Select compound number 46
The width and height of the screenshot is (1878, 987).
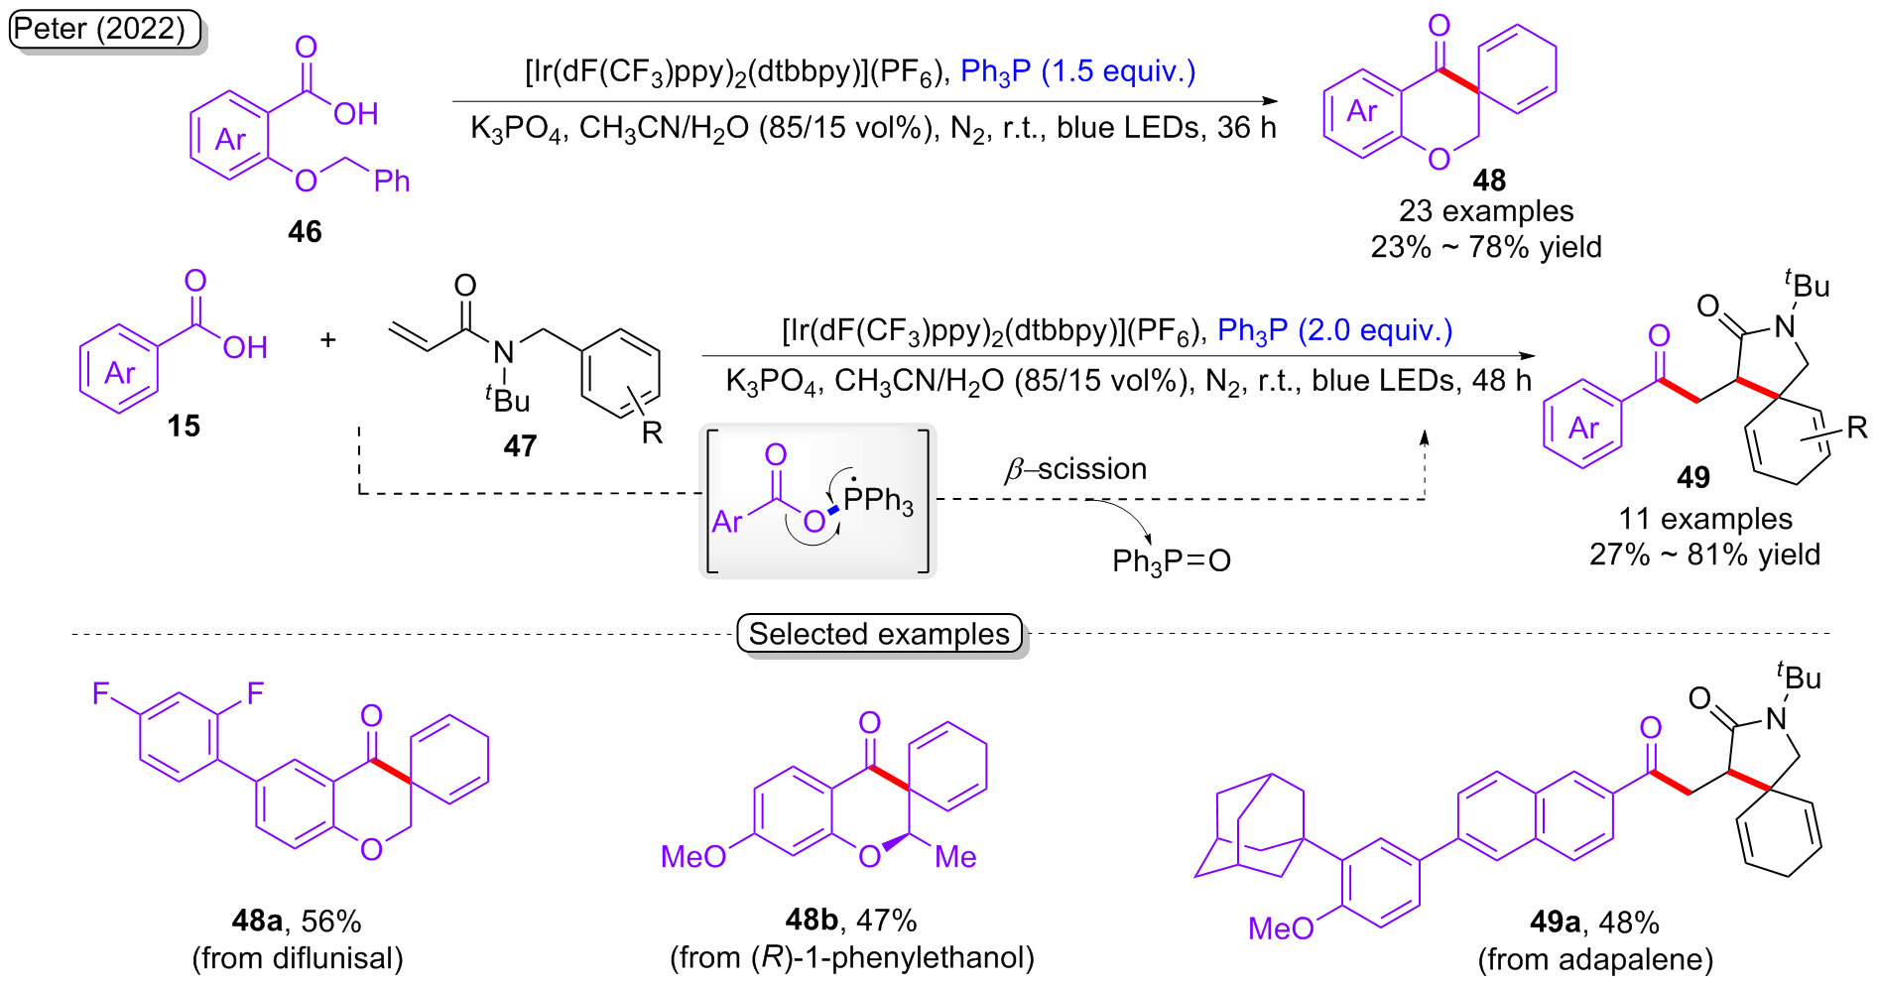(305, 232)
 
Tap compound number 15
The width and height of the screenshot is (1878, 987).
(184, 427)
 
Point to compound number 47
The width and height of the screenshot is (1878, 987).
(520, 446)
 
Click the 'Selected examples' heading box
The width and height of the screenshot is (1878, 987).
(879, 634)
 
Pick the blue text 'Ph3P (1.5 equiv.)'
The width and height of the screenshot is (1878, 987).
(1078, 71)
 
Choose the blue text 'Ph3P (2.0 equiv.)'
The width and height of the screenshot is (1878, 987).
(1334, 330)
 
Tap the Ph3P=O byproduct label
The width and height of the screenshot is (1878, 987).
(1171, 561)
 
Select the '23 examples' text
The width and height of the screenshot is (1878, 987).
(1486, 211)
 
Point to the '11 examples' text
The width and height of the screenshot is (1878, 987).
(1705, 519)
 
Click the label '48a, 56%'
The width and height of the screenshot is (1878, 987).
(296, 922)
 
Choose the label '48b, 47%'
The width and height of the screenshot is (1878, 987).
(850, 921)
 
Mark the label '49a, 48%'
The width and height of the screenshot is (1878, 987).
(1594, 923)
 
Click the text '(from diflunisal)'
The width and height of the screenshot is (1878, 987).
(298, 958)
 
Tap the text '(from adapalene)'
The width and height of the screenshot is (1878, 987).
(1595, 960)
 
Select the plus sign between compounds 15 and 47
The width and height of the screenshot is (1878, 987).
(328, 340)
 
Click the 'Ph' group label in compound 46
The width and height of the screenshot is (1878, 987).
(392, 181)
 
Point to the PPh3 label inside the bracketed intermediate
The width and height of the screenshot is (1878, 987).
(878, 499)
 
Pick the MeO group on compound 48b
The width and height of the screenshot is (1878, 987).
(693, 857)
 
